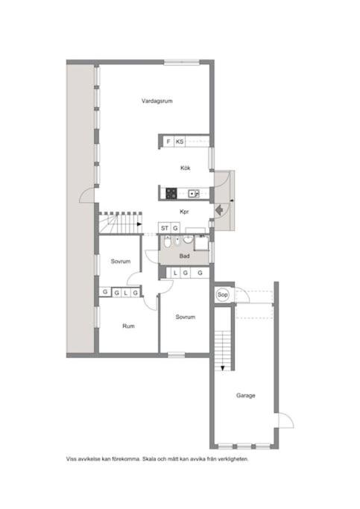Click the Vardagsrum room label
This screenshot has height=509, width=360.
coord(157,101)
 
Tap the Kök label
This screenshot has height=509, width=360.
coord(186,168)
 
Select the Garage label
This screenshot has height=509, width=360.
coord(246,396)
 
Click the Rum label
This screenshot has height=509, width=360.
coord(128,326)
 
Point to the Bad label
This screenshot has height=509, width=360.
coord(184,256)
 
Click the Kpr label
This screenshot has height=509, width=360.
coord(184,212)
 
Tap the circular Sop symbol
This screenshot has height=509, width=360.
coord(222,295)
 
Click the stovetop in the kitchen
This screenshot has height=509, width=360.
coord(171,194)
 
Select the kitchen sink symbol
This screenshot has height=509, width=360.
coord(194,194)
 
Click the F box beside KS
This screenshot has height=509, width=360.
coord(168,142)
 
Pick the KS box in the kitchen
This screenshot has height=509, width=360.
coord(180,142)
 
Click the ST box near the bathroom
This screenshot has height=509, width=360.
coord(165,228)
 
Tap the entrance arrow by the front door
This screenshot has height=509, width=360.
coord(219,209)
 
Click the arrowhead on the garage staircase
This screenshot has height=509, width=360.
coord(223,368)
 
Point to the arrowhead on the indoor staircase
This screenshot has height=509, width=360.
coord(139,224)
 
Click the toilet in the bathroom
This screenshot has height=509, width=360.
coord(168,242)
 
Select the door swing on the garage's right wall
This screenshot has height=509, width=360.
coord(286,420)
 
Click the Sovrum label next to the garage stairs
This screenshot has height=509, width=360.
coord(186,317)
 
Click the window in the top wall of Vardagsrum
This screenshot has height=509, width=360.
coord(181,62)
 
